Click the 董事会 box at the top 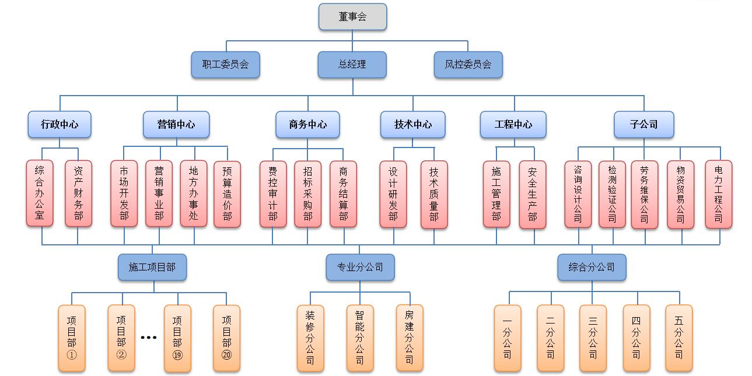(352, 16)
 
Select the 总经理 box (352, 65)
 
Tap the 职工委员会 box (225, 65)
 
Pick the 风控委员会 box (468, 65)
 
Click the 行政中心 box (60, 124)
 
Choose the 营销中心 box (176, 124)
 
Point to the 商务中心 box (308, 124)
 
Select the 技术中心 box (413, 124)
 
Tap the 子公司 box (643, 124)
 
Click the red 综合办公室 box (40, 194)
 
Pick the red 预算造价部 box (227, 194)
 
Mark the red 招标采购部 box (307, 194)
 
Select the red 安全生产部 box (532, 194)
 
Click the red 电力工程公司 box (718, 194)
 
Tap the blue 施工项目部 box (152, 267)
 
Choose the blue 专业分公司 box (360, 267)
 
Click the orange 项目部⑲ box (177, 338)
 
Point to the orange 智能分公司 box (360, 338)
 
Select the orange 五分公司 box (678, 338)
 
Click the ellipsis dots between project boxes (149, 338)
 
